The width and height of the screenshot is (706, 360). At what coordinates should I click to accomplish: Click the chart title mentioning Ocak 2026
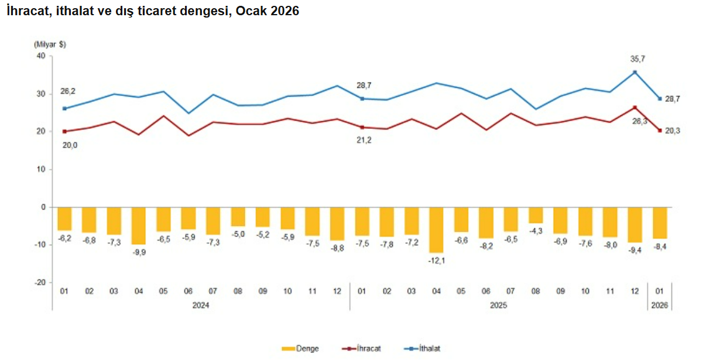pos(153,11)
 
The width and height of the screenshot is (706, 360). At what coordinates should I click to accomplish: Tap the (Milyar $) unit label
pos(50,44)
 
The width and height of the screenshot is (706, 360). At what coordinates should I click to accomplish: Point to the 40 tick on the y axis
pos(41,56)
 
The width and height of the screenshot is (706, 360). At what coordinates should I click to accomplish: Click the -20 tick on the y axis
pos(40,282)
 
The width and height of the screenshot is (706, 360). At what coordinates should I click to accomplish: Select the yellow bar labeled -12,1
pos(436,229)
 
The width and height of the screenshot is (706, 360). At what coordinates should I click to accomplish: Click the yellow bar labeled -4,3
pos(536,215)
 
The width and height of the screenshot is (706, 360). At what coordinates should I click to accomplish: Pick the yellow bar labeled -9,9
pos(139,225)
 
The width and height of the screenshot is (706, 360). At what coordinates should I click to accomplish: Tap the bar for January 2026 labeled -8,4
pos(660,222)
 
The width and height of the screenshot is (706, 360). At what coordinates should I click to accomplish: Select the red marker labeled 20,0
pos(64,132)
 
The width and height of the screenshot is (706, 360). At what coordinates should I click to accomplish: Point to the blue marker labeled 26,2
pos(64,108)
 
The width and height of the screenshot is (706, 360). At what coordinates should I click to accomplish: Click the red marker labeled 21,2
pos(362,127)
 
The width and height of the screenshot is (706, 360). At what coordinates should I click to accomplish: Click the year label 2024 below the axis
pos(201,306)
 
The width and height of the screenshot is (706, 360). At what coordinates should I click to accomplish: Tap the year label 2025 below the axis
pos(498,306)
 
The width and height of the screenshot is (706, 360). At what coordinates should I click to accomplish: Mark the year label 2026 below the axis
pos(660,306)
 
